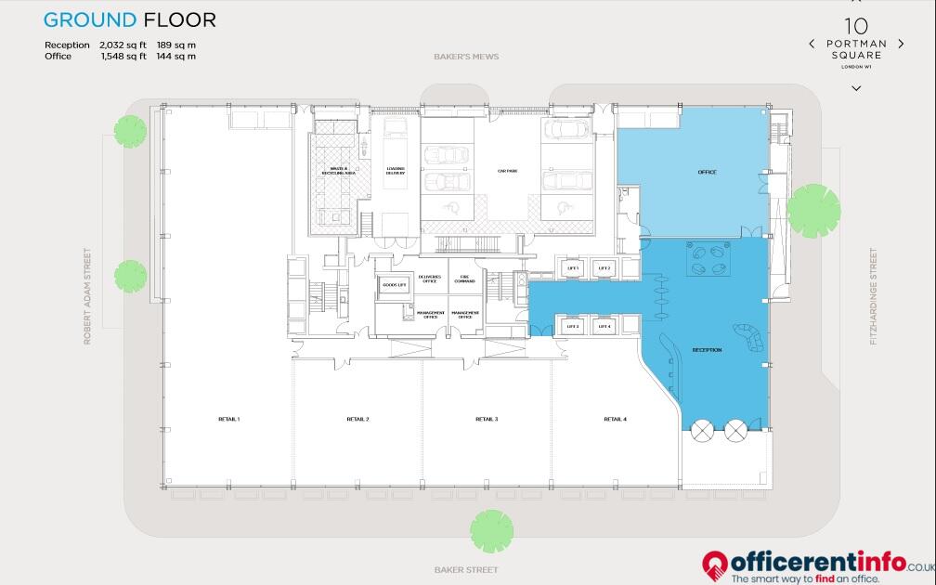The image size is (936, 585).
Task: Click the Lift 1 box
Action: click(573, 268)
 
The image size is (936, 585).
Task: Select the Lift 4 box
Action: click(604, 326)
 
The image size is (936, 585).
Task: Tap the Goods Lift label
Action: click(395, 285)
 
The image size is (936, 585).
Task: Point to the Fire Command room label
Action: click(464, 279)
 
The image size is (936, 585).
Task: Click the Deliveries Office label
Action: click(429, 279)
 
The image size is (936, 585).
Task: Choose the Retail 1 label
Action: click(228, 420)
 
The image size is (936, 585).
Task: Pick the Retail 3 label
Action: click(487, 420)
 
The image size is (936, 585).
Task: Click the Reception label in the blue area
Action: click(707, 350)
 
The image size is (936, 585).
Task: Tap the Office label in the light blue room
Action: click(708, 173)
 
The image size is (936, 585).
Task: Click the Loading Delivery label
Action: click(396, 171)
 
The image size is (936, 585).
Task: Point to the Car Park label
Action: click(507, 172)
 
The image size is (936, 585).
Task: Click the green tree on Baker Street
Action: click(491, 530)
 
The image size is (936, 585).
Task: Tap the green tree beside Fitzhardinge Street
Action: click(813, 211)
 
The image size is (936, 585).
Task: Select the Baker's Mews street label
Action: click(466, 57)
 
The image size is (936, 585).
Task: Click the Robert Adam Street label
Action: click(88, 296)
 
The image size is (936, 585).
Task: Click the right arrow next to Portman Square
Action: click(901, 44)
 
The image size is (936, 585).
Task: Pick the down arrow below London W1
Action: click(856, 88)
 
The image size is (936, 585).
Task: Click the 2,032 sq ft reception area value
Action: click(123, 45)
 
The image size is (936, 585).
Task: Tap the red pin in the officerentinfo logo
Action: click(713, 563)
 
